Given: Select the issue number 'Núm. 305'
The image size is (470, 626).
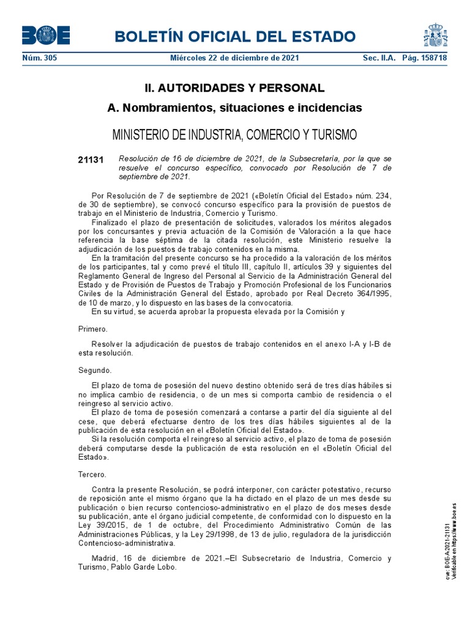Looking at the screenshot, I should click(39, 58).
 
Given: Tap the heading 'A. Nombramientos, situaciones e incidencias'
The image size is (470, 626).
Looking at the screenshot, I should click(235, 108).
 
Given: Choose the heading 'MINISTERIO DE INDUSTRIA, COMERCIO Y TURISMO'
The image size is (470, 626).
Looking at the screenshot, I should click(235, 134).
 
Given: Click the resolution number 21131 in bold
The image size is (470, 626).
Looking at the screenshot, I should click(91, 160).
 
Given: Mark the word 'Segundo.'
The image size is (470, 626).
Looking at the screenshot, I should click(95, 370).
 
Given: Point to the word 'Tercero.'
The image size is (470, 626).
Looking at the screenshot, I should click(93, 474).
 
